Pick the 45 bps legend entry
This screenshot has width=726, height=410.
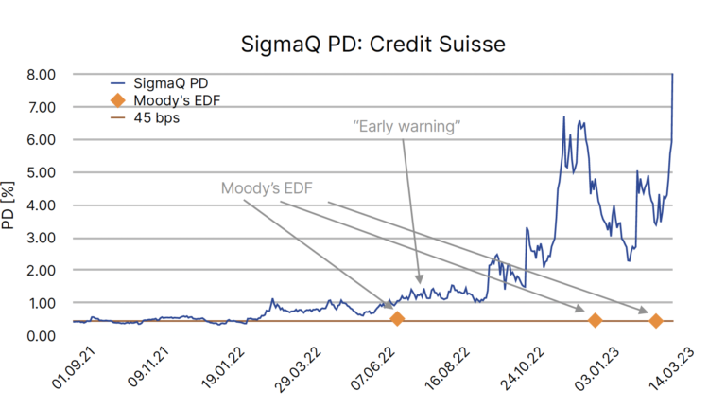click(156, 118)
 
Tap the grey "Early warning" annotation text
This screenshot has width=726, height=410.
click(404, 126)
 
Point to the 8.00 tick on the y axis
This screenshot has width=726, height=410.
click(41, 74)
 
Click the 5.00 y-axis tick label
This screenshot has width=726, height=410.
click(41, 172)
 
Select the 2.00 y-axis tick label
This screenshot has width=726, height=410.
click(41, 271)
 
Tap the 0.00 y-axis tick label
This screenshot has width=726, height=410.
click(41, 336)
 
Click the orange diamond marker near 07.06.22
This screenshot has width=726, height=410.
click(397, 319)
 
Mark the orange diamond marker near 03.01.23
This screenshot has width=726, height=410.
click(595, 320)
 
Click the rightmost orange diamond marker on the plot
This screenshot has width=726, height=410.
click(655, 321)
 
